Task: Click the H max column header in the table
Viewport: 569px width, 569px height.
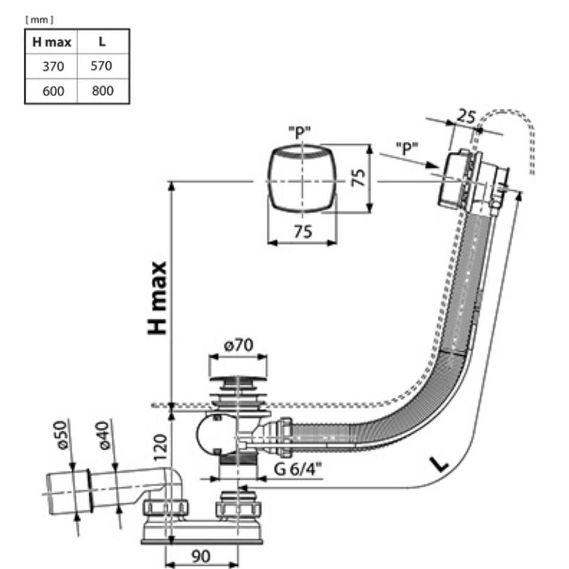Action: coord(51,42)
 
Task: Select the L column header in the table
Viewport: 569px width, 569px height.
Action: coord(102,42)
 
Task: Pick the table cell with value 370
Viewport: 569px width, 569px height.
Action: coord(53,66)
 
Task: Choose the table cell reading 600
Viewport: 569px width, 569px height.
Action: coord(53,91)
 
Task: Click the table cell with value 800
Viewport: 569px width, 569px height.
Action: coord(102,91)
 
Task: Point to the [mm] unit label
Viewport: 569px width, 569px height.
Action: coord(39,20)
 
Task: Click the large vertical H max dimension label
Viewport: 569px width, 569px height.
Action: coord(158,298)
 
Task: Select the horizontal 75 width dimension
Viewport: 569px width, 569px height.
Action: coord(303,232)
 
